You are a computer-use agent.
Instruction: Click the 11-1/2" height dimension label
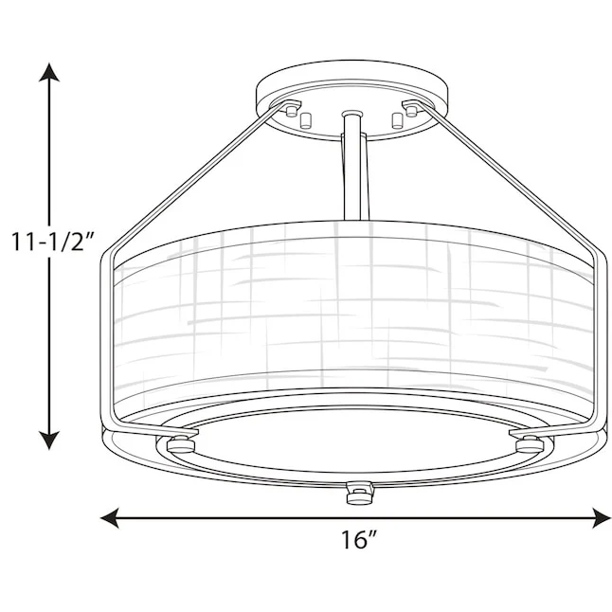coord(52,242)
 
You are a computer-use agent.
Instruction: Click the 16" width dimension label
coord(359,539)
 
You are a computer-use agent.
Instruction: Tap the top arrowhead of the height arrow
coord(49,73)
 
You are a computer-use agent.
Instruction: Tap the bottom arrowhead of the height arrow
coord(49,440)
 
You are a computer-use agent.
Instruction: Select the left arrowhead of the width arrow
coord(110,518)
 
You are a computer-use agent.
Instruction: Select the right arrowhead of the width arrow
coord(601,518)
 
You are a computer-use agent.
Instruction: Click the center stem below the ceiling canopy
coord(355,168)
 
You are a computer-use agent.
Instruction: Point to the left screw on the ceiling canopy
coord(291,111)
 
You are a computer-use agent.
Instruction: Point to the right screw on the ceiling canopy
coord(410,111)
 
